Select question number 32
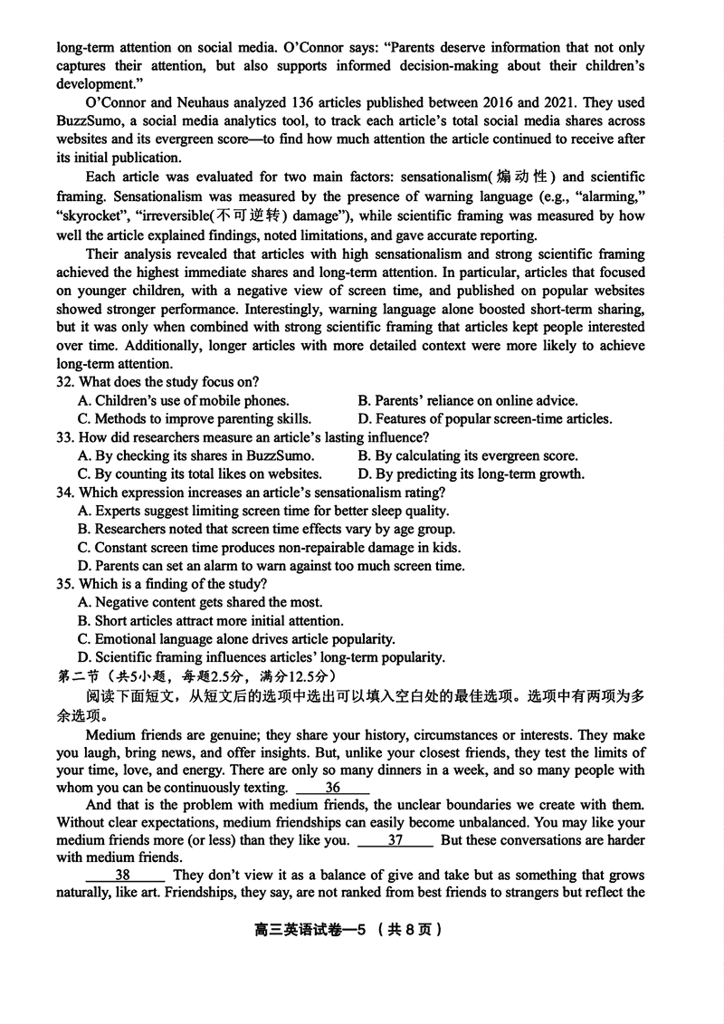pos(64,382)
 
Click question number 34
pos(64,493)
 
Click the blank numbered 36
pos(332,788)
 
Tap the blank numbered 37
pos(395,840)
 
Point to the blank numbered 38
pos(124,876)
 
